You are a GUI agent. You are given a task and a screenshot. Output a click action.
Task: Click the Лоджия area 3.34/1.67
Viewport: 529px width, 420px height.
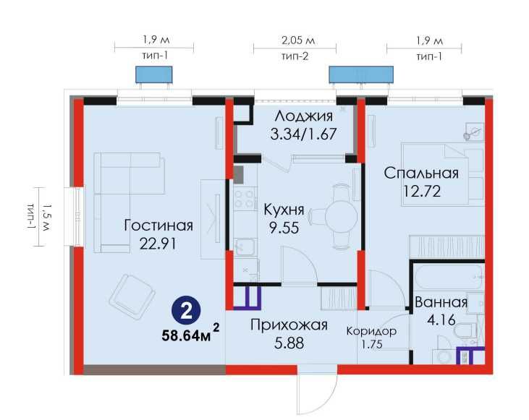point(304,134)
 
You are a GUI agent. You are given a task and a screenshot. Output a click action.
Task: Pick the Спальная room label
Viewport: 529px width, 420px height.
point(422,173)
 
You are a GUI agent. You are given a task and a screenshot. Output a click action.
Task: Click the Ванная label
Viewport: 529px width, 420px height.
point(441,301)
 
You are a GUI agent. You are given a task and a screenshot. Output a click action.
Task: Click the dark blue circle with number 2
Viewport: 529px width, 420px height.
point(187,312)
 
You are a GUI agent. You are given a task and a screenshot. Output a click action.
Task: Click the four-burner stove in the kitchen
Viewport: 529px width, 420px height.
point(245,199)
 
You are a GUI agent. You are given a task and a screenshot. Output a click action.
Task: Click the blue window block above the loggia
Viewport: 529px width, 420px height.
point(361,75)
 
